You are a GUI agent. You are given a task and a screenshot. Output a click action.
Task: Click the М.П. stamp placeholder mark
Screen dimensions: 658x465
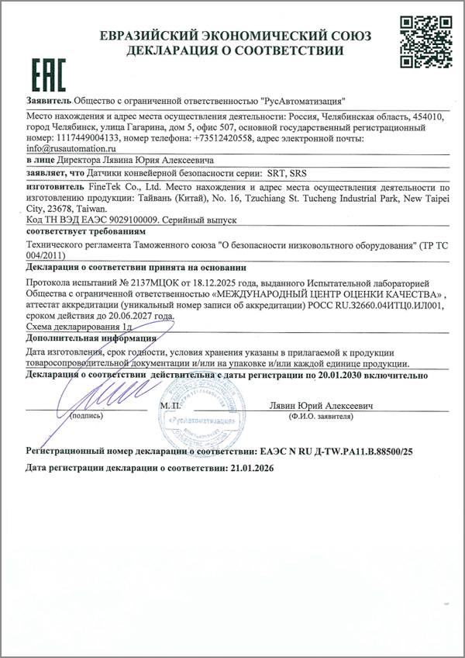[170, 406]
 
